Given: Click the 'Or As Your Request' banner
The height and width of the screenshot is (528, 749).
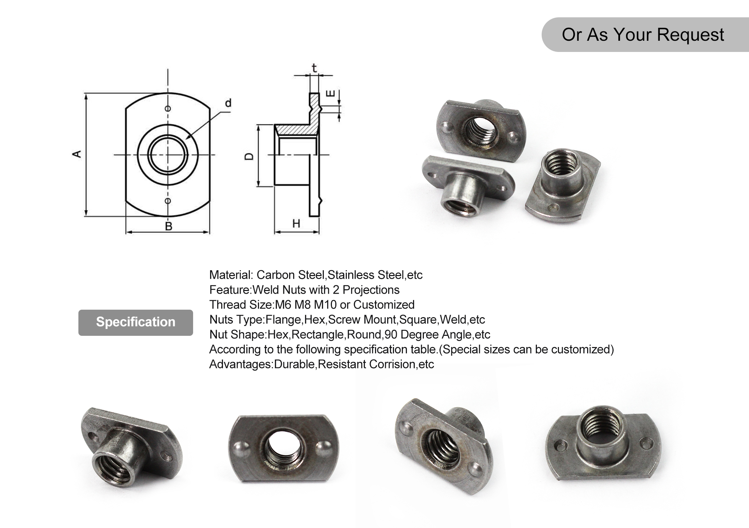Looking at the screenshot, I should click(x=642, y=35).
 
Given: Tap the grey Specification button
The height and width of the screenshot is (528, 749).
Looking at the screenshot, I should click(x=135, y=322).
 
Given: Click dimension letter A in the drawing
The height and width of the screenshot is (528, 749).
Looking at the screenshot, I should click(x=77, y=154).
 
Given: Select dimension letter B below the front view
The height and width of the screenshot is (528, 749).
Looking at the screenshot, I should click(x=168, y=226).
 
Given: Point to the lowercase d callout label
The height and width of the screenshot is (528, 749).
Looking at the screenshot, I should click(x=228, y=103).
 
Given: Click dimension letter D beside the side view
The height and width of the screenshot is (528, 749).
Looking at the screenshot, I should click(x=249, y=156).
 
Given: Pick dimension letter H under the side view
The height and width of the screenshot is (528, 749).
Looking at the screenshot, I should click(x=296, y=223).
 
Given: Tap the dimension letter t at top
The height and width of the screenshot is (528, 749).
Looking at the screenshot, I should click(x=314, y=69).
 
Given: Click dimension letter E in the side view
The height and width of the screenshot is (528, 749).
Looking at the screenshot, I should click(x=331, y=93).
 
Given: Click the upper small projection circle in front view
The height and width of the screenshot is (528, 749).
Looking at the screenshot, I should click(x=168, y=109).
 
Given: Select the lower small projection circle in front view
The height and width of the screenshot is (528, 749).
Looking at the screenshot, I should click(x=168, y=201).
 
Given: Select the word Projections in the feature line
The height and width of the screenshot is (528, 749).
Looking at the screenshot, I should click(x=371, y=290).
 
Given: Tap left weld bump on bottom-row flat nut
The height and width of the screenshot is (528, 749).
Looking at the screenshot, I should click(x=241, y=448).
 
